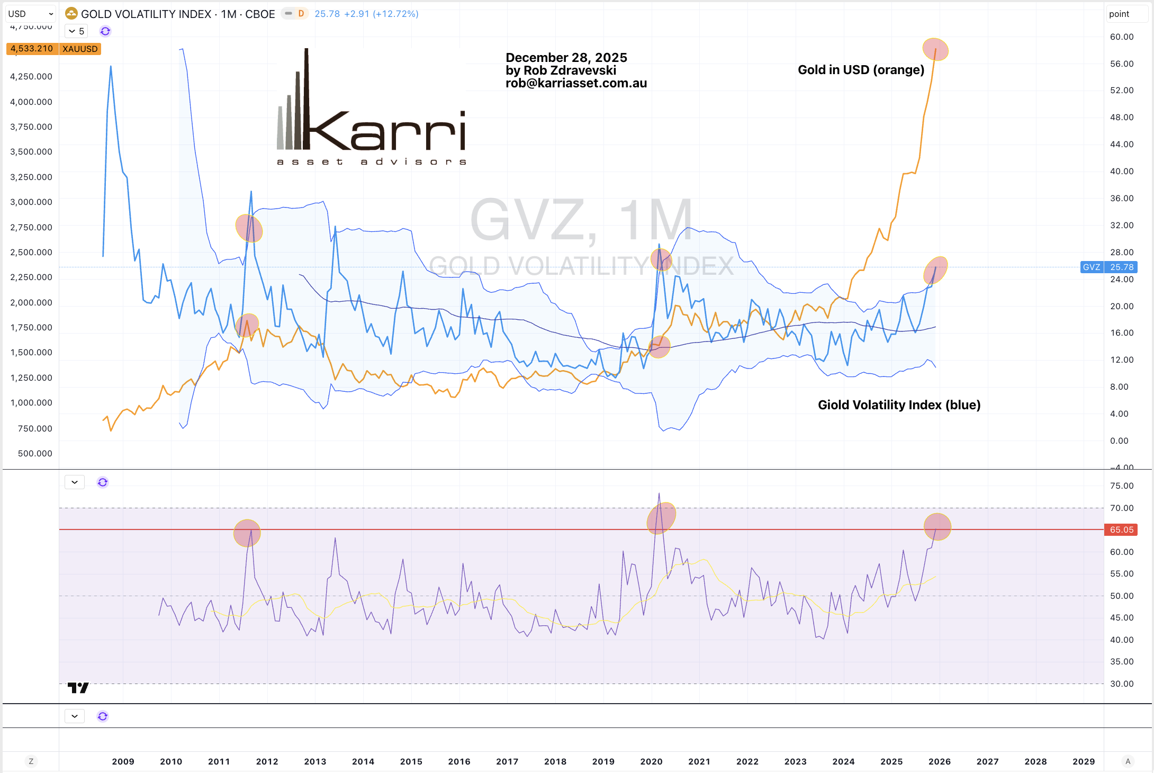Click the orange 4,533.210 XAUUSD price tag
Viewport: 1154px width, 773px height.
[x=53, y=49]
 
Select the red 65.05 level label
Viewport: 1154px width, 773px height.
[x=1121, y=529]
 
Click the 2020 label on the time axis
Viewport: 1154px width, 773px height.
[x=651, y=761]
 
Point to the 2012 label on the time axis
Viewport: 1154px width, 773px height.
[x=267, y=761]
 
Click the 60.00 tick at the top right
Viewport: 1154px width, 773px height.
[x=1122, y=37]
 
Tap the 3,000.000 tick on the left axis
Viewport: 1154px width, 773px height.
[x=31, y=202]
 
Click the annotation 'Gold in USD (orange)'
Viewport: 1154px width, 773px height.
[x=861, y=70]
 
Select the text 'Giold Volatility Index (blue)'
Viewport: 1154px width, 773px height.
[x=899, y=405]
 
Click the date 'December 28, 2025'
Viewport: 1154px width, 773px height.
[x=566, y=57]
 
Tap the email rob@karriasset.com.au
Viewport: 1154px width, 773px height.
[x=576, y=83]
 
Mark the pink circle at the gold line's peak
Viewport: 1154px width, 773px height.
[x=935, y=50]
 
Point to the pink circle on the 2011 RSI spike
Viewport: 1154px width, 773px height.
[x=247, y=533]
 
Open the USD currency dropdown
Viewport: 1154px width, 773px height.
[x=31, y=14]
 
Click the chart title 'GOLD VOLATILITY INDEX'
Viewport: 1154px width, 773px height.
[x=146, y=14]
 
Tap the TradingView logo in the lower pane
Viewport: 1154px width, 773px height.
[x=78, y=688]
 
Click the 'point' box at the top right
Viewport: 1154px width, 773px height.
[x=1126, y=14]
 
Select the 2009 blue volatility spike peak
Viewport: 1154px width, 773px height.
[x=111, y=67]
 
